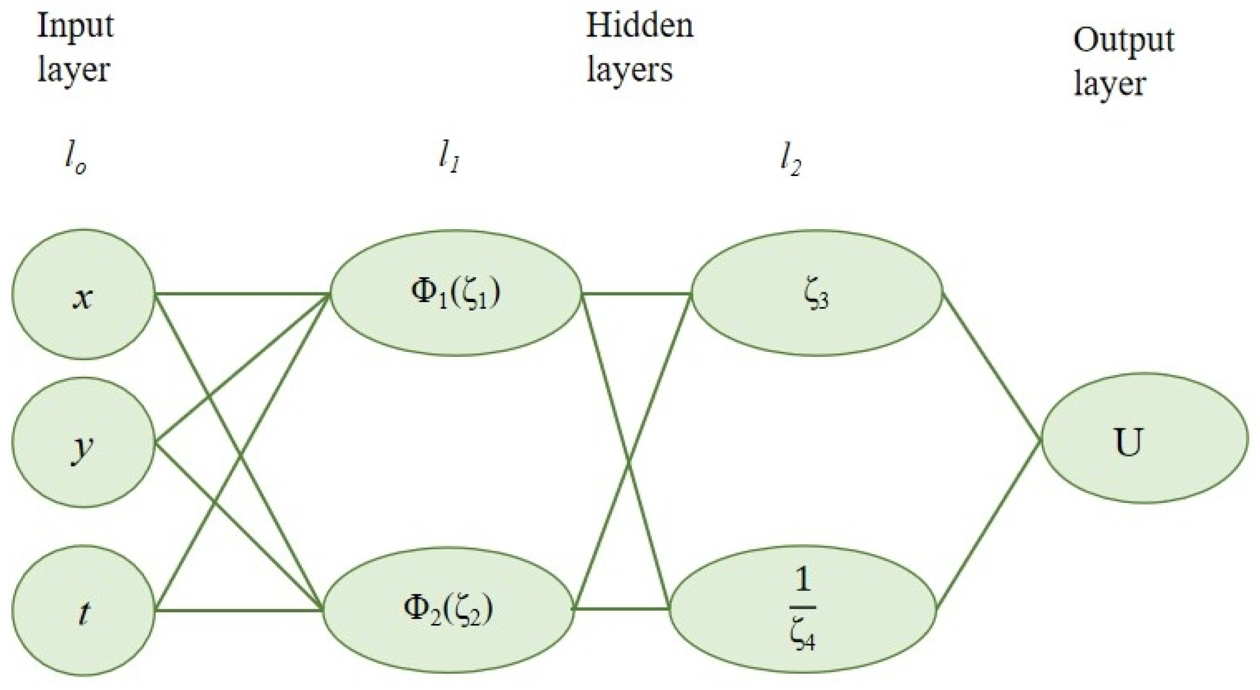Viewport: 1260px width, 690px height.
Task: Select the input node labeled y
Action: tap(83, 442)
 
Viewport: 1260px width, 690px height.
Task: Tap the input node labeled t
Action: tap(83, 610)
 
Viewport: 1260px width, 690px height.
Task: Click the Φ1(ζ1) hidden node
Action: tap(456, 293)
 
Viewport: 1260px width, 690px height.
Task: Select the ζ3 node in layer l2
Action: tap(816, 293)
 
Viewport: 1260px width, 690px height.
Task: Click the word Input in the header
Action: tap(75, 25)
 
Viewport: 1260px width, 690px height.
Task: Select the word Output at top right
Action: tap(1124, 40)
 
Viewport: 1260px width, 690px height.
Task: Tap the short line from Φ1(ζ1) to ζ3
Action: tap(636, 293)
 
